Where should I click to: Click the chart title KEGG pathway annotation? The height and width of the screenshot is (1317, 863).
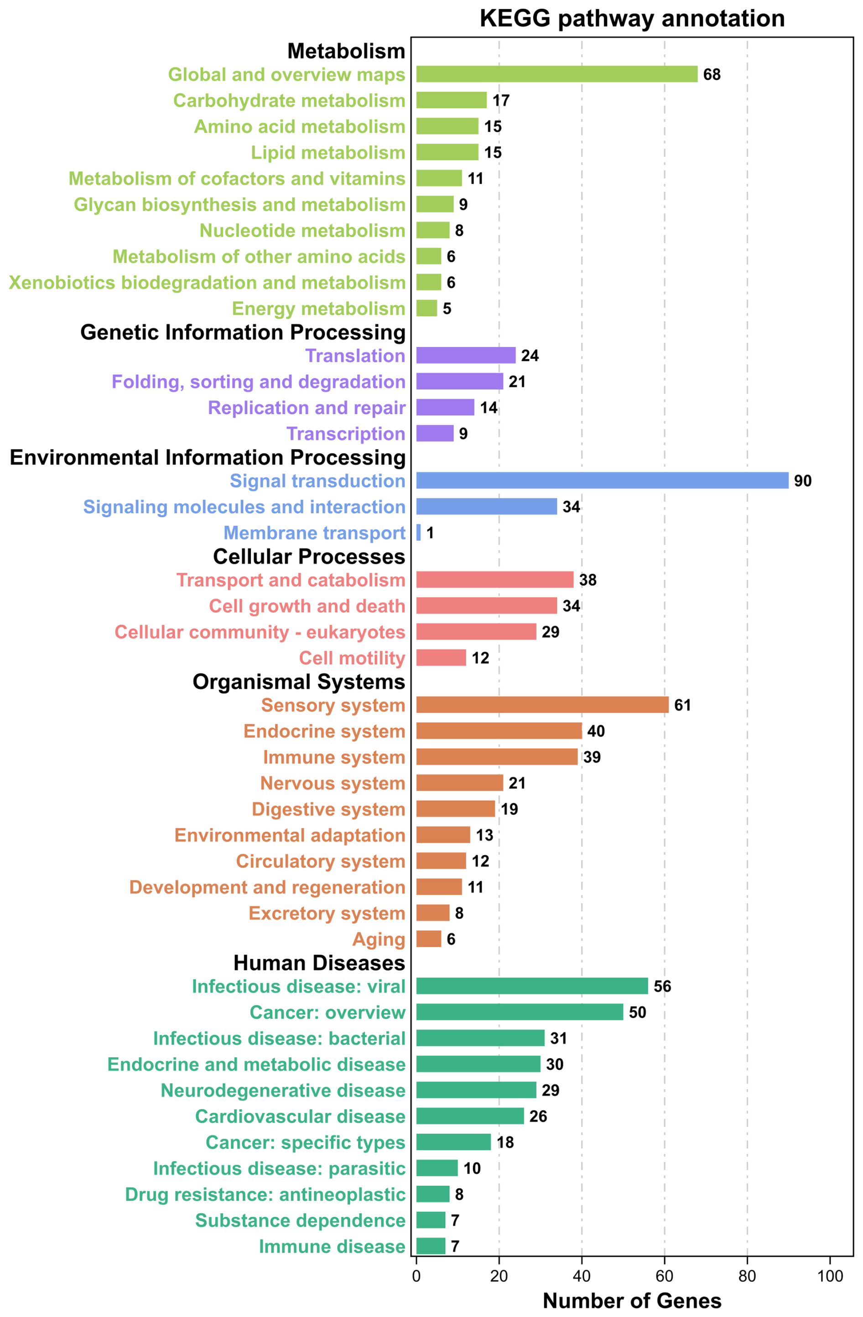tap(632, 18)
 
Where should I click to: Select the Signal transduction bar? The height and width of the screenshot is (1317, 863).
tap(602, 480)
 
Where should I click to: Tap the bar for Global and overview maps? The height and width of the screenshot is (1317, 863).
tap(556, 74)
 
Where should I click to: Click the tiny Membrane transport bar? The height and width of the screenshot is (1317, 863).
tap(418, 532)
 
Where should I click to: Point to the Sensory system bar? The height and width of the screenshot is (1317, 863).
tap(542, 704)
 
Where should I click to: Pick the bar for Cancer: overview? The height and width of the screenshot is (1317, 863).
tap(519, 1012)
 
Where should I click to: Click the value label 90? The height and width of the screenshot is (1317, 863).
tap(802, 480)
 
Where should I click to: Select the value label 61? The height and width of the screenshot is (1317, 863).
tap(682, 704)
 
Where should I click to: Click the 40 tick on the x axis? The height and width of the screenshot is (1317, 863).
tap(581, 1276)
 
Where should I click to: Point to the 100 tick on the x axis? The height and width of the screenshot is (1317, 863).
tap(830, 1276)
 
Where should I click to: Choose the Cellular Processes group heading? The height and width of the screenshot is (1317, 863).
tap(309, 556)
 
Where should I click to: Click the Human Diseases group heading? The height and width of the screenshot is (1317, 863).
tap(319, 963)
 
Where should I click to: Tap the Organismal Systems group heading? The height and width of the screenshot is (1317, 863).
tap(298, 681)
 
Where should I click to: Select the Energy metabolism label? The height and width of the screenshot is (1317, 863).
tap(318, 308)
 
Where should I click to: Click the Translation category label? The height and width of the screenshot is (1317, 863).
tap(355, 355)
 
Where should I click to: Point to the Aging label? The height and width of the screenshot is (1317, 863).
tap(379, 939)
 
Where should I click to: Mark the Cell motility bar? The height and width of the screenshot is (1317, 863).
tap(441, 657)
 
